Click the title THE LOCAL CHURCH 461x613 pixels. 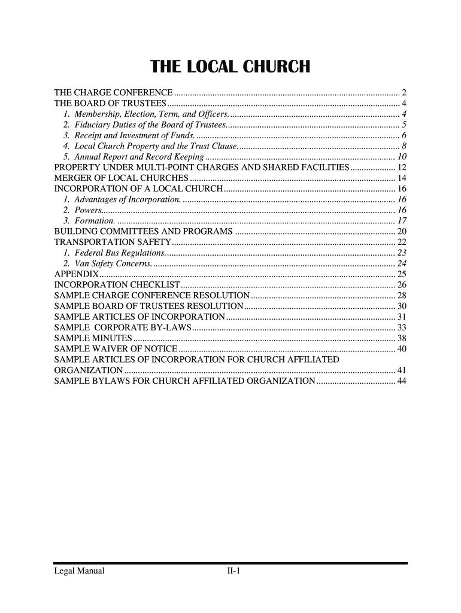tap(230, 66)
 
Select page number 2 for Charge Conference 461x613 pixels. tap(405, 93)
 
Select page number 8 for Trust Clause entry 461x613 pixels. tap(405, 147)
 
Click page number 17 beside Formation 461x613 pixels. tap(402, 221)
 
